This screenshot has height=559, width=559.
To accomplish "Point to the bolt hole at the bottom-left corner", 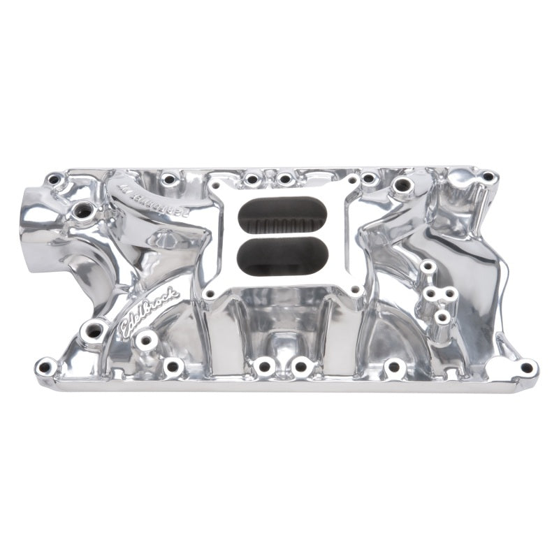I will (46, 365).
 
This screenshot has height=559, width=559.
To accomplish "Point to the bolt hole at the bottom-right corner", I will (526, 367).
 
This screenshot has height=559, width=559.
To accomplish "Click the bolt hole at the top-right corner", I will (487, 177).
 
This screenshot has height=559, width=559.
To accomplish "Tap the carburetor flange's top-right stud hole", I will (353, 180).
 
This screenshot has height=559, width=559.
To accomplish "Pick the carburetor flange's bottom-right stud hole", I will (356, 289).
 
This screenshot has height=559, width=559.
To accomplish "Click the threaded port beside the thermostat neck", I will (83, 209).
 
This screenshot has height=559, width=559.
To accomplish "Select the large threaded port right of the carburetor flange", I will (402, 186).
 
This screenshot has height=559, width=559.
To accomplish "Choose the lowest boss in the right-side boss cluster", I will (441, 318).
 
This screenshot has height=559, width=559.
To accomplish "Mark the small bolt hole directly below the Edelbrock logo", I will (146, 341).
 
